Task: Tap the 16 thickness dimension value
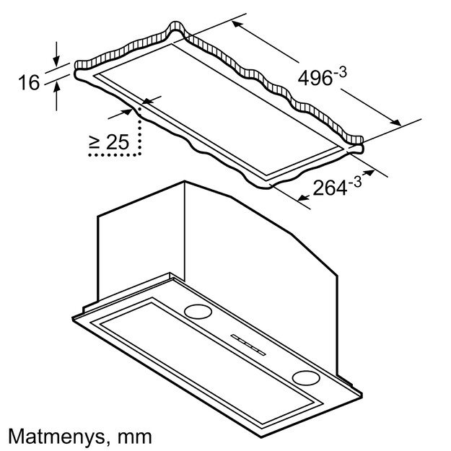click(28, 83)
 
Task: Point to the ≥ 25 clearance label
click(108, 142)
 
